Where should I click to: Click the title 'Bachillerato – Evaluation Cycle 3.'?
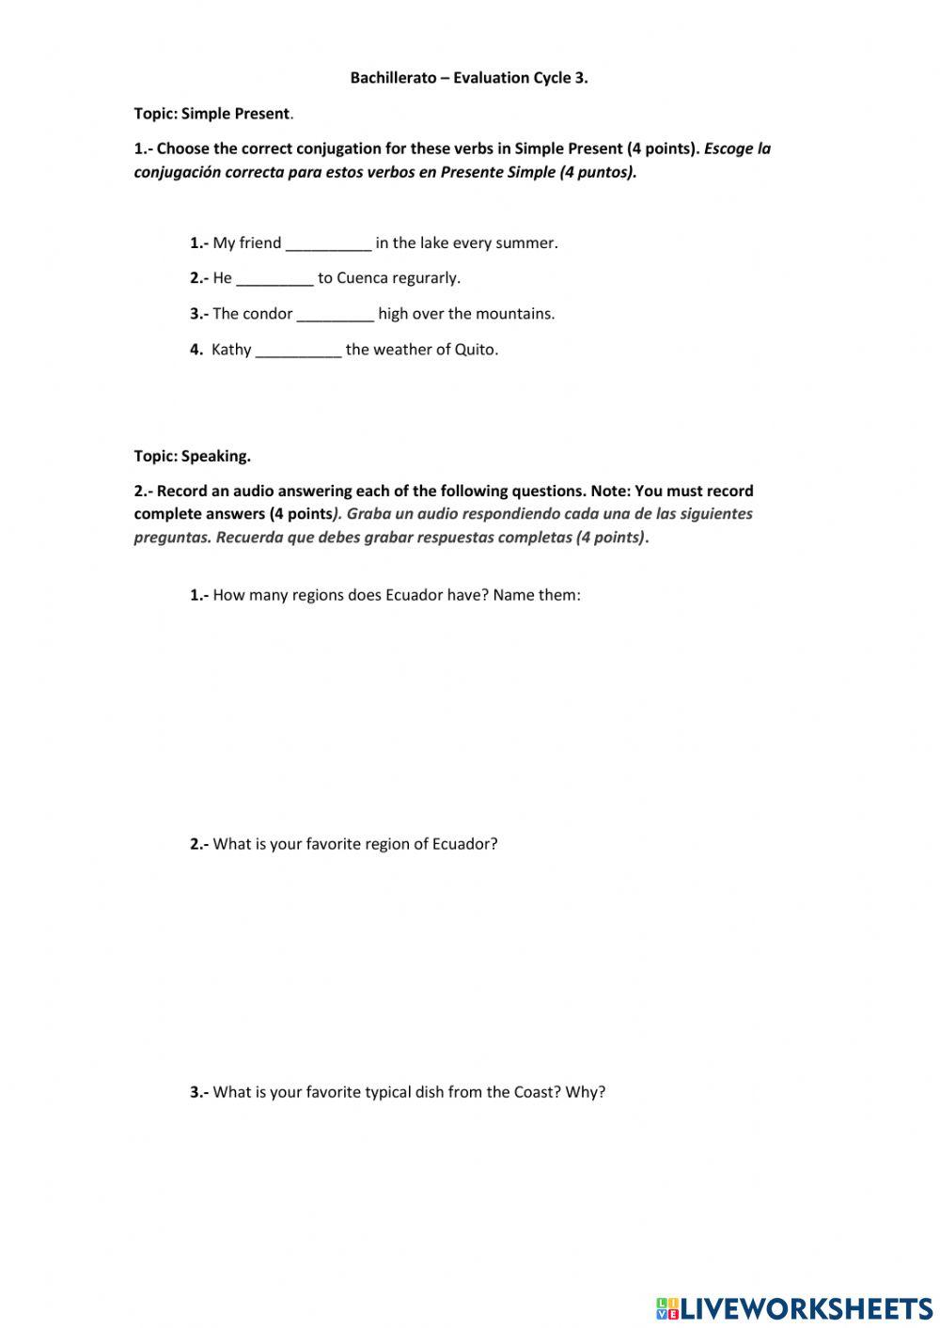click(x=469, y=78)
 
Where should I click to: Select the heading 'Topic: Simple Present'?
click(x=211, y=114)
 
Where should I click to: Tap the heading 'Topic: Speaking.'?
click(x=192, y=456)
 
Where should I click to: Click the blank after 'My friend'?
click(x=328, y=243)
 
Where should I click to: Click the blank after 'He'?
click(x=274, y=278)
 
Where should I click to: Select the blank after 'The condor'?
click(x=336, y=314)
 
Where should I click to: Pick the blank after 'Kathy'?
click(x=298, y=350)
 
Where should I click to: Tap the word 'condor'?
click(x=267, y=314)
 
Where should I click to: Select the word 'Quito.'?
click(x=477, y=350)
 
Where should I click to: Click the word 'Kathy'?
click(x=231, y=350)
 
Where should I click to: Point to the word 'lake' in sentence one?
click(x=434, y=243)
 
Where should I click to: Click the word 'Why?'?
click(x=586, y=1092)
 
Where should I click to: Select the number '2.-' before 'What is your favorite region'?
click(x=199, y=844)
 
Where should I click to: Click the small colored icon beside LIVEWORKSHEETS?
click(x=667, y=1307)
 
